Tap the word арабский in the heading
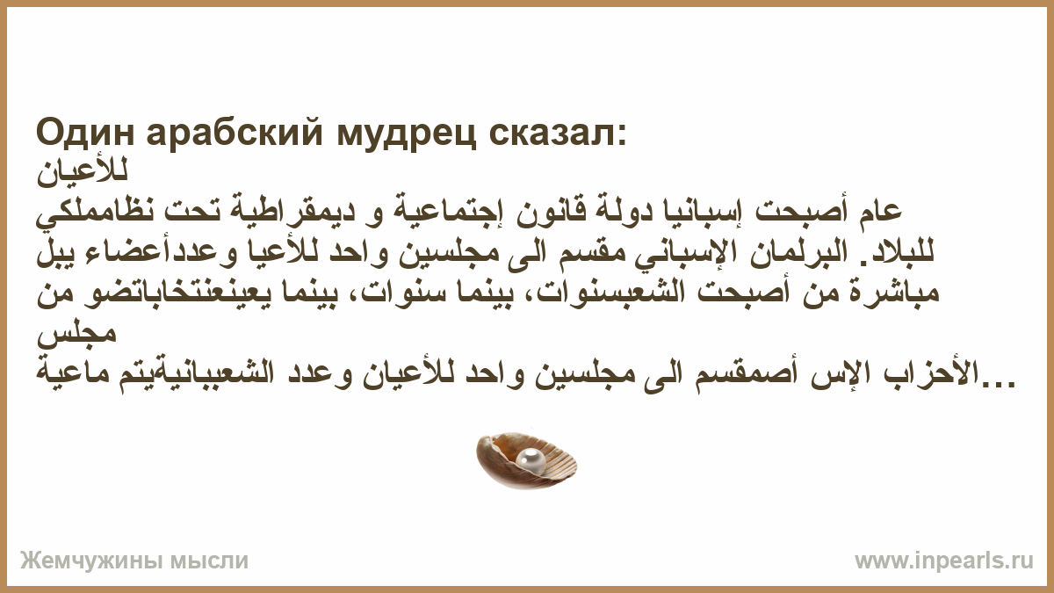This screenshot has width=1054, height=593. [235, 134]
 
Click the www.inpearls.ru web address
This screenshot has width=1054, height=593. [944, 561]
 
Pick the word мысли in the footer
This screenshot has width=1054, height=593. [209, 561]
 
